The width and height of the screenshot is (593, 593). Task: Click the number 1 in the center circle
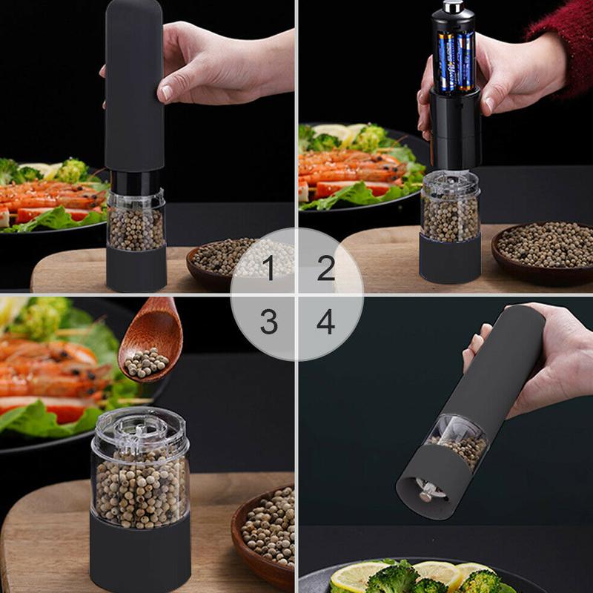tap(268, 268)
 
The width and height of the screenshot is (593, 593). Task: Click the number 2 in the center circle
tap(326, 268)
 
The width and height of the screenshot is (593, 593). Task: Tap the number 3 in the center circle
tap(268, 322)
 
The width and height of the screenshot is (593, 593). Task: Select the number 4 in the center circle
tap(326, 322)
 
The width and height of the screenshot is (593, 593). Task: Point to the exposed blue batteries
tap(454, 59)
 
